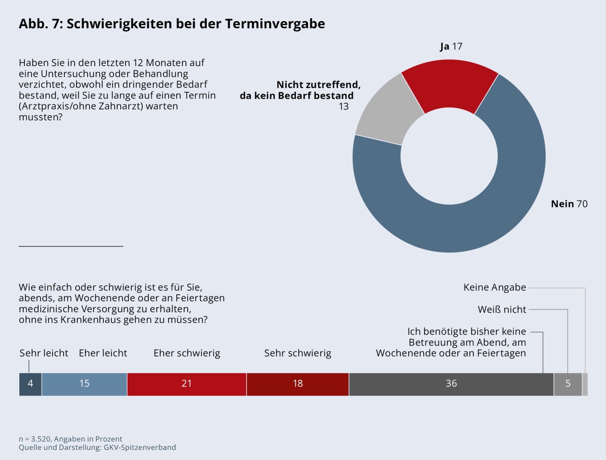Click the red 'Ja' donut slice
click(x=449, y=84)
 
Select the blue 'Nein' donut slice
click(x=484, y=219)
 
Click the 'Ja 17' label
click(x=451, y=46)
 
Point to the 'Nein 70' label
click(x=569, y=204)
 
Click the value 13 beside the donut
click(x=343, y=106)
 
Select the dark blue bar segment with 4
click(x=30, y=384)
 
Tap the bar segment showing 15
click(x=84, y=384)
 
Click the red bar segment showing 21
click(x=186, y=384)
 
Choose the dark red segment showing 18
click(x=298, y=384)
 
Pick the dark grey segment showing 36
click(x=451, y=384)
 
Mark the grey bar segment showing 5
click(x=568, y=384)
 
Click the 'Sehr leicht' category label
click(x=44, y=353)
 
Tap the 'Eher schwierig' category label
click(x=186, y=353)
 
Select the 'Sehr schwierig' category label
click(x=298, y=353)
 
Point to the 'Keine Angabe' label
click(x=494, y=287)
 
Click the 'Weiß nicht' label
click(x=502, y=310)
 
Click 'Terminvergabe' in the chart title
click(x=275, y=24)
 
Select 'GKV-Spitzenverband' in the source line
click(x=140, y=447)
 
